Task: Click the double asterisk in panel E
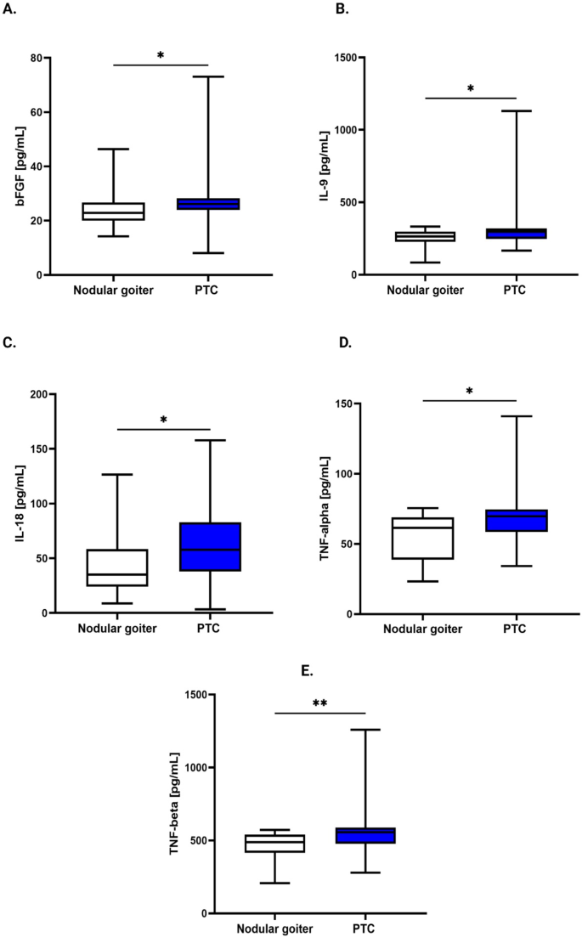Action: [x=319, y=703]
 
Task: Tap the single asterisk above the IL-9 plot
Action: [x=469, y=88]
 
